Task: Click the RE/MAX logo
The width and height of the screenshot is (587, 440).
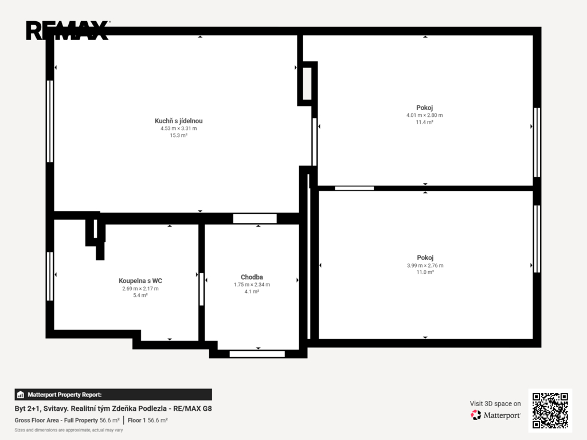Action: pos(68,30)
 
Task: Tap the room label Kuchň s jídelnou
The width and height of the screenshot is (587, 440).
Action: pos(179,121)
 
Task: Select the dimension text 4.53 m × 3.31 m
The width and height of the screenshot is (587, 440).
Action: pos(179,128)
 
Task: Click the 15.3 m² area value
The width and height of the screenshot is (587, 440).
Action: pos(179,135)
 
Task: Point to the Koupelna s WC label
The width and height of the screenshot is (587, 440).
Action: pos(140,281)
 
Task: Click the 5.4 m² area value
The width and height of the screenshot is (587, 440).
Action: pos(140,295)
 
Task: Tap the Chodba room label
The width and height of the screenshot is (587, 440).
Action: pos(252,277)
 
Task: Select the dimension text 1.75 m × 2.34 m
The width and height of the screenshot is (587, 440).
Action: pos(252,285)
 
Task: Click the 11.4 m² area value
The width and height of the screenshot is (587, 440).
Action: pos(425,122)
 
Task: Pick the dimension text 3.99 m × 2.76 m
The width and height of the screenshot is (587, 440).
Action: pos(425,265)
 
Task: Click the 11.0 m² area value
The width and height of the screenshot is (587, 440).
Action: pos(425,272)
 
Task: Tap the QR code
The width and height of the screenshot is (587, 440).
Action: pos(550,410)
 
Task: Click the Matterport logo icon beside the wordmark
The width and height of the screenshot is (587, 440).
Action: pos(476,415)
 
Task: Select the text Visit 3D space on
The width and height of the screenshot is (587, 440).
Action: pos(495,404)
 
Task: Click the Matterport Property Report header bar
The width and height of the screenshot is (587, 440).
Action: pos(113,395)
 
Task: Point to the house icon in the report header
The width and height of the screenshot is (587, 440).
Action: pos(21,395)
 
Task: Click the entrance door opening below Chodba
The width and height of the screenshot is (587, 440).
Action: pos(257,354)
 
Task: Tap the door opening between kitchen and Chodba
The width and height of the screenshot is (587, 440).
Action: pos(255,218)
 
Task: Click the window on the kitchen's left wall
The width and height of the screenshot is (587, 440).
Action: pos(49,121)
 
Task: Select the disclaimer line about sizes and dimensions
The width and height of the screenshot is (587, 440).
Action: pos(69,430)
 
